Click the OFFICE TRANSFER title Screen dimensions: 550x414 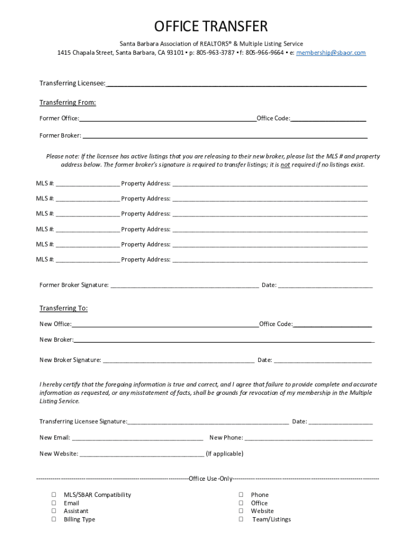pos(211,26)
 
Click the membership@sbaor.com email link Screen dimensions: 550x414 pos(331,53)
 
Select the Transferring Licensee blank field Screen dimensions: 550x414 pos(237,84)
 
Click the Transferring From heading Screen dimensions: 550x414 pos(68,103)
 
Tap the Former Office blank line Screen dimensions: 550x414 pos(168,119)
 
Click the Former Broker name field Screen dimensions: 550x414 pos(225,136)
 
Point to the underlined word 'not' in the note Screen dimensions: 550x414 pos(285,165)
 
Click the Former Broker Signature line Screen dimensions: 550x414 pos(184,286)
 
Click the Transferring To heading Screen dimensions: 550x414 pos(63,308)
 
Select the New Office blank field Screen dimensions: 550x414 pos(165,325)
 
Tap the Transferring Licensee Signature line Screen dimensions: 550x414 pos(208,422)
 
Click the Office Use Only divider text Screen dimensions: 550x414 pos(211,479)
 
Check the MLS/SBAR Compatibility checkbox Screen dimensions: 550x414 pos(54,495)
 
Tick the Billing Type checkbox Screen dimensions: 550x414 pos(54,519)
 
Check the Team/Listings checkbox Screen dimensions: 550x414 pos(241,519)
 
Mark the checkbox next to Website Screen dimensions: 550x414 pos(241,511)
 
